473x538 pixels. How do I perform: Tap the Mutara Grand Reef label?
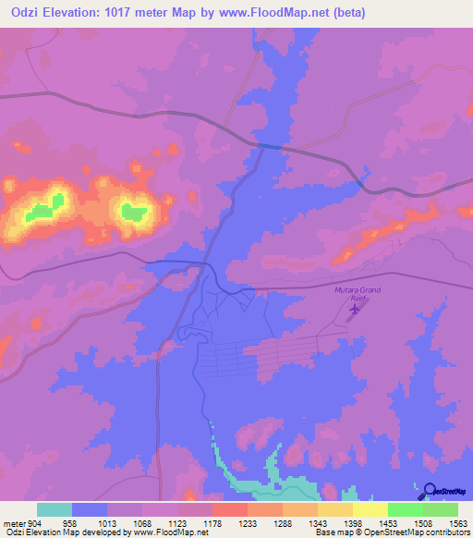coord(357,294)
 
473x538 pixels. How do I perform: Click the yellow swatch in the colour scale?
coord(370,509)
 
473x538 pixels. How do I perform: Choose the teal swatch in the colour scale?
coord(55,509)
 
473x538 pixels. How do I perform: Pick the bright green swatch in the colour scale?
coord(405,509)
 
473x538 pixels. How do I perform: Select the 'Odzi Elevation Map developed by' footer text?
coord(55,532)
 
